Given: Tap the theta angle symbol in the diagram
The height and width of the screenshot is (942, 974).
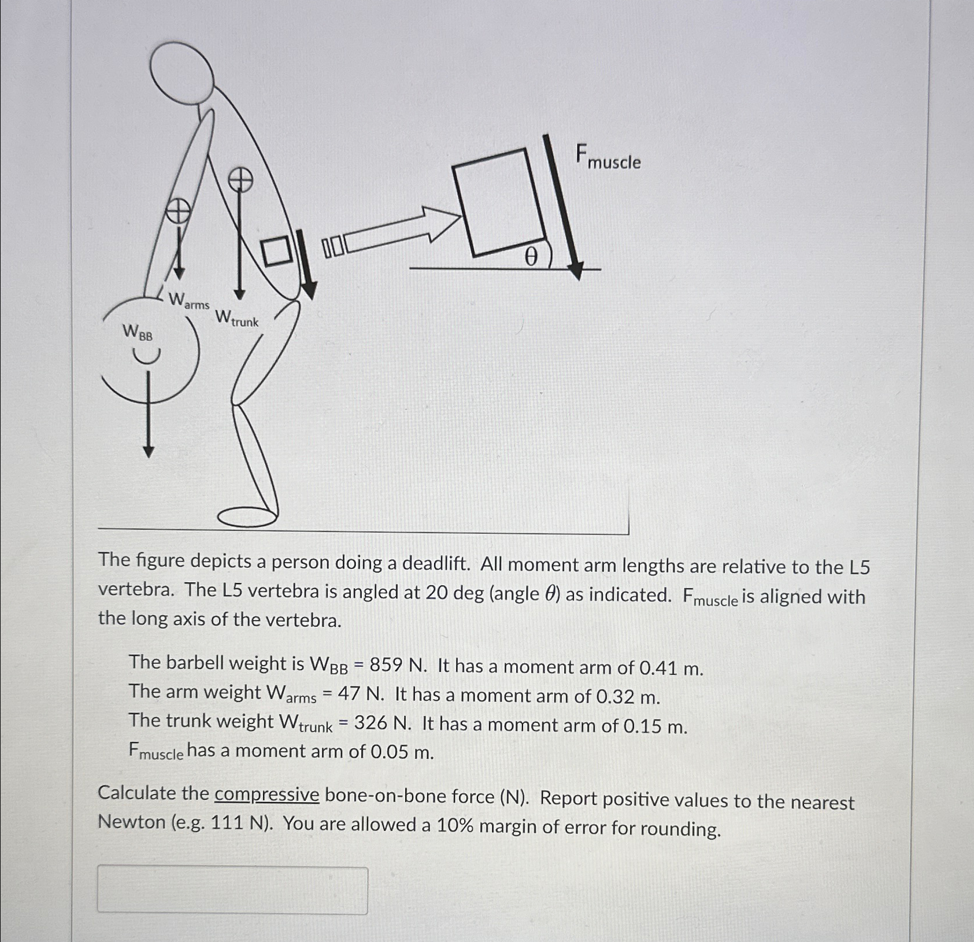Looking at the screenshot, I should pyautogui.click(x=531, y=256).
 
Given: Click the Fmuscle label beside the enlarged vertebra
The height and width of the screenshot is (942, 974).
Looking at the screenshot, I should pyautogui.click(x=608, y=157).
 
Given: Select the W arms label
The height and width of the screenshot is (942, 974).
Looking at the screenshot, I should pyautogui.click(x=188, y=301).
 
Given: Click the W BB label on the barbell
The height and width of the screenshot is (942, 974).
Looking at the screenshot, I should pyautogui.click(x=138, y=333).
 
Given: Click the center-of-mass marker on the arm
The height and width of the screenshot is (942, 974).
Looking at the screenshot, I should pyautogui.click(x=178, y=210).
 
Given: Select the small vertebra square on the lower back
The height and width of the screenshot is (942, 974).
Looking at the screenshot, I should pyautogui.click(x=277, y=251).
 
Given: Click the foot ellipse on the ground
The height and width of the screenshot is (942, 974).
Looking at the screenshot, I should pyautogui.click(x=247, y=516).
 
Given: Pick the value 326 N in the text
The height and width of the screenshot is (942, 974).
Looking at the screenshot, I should pyautogui.click(x=382, y=723).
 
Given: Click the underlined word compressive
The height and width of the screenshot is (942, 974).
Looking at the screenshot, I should pyautogui.click(x=266, y=795).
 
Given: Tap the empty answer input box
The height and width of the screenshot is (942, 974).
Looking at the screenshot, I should pyautogui.click(x=232, y=889).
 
